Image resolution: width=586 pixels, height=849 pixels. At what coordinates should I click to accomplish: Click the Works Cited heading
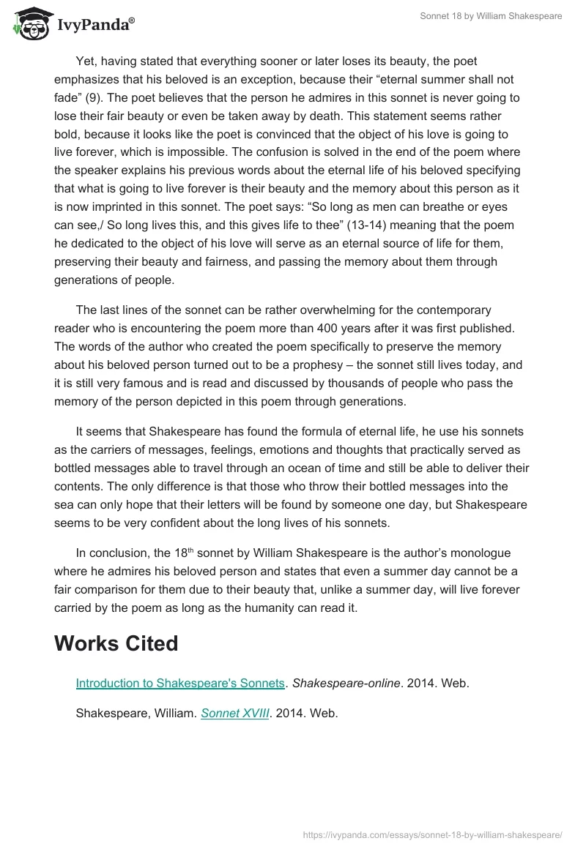(x=116, y=643)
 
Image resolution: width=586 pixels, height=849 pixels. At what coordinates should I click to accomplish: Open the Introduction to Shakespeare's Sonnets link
(x=180, y=683)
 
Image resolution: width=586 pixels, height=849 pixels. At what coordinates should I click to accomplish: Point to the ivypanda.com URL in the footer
(x=432, y=834)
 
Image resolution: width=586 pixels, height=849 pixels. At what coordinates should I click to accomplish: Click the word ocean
(x=308, y=468)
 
